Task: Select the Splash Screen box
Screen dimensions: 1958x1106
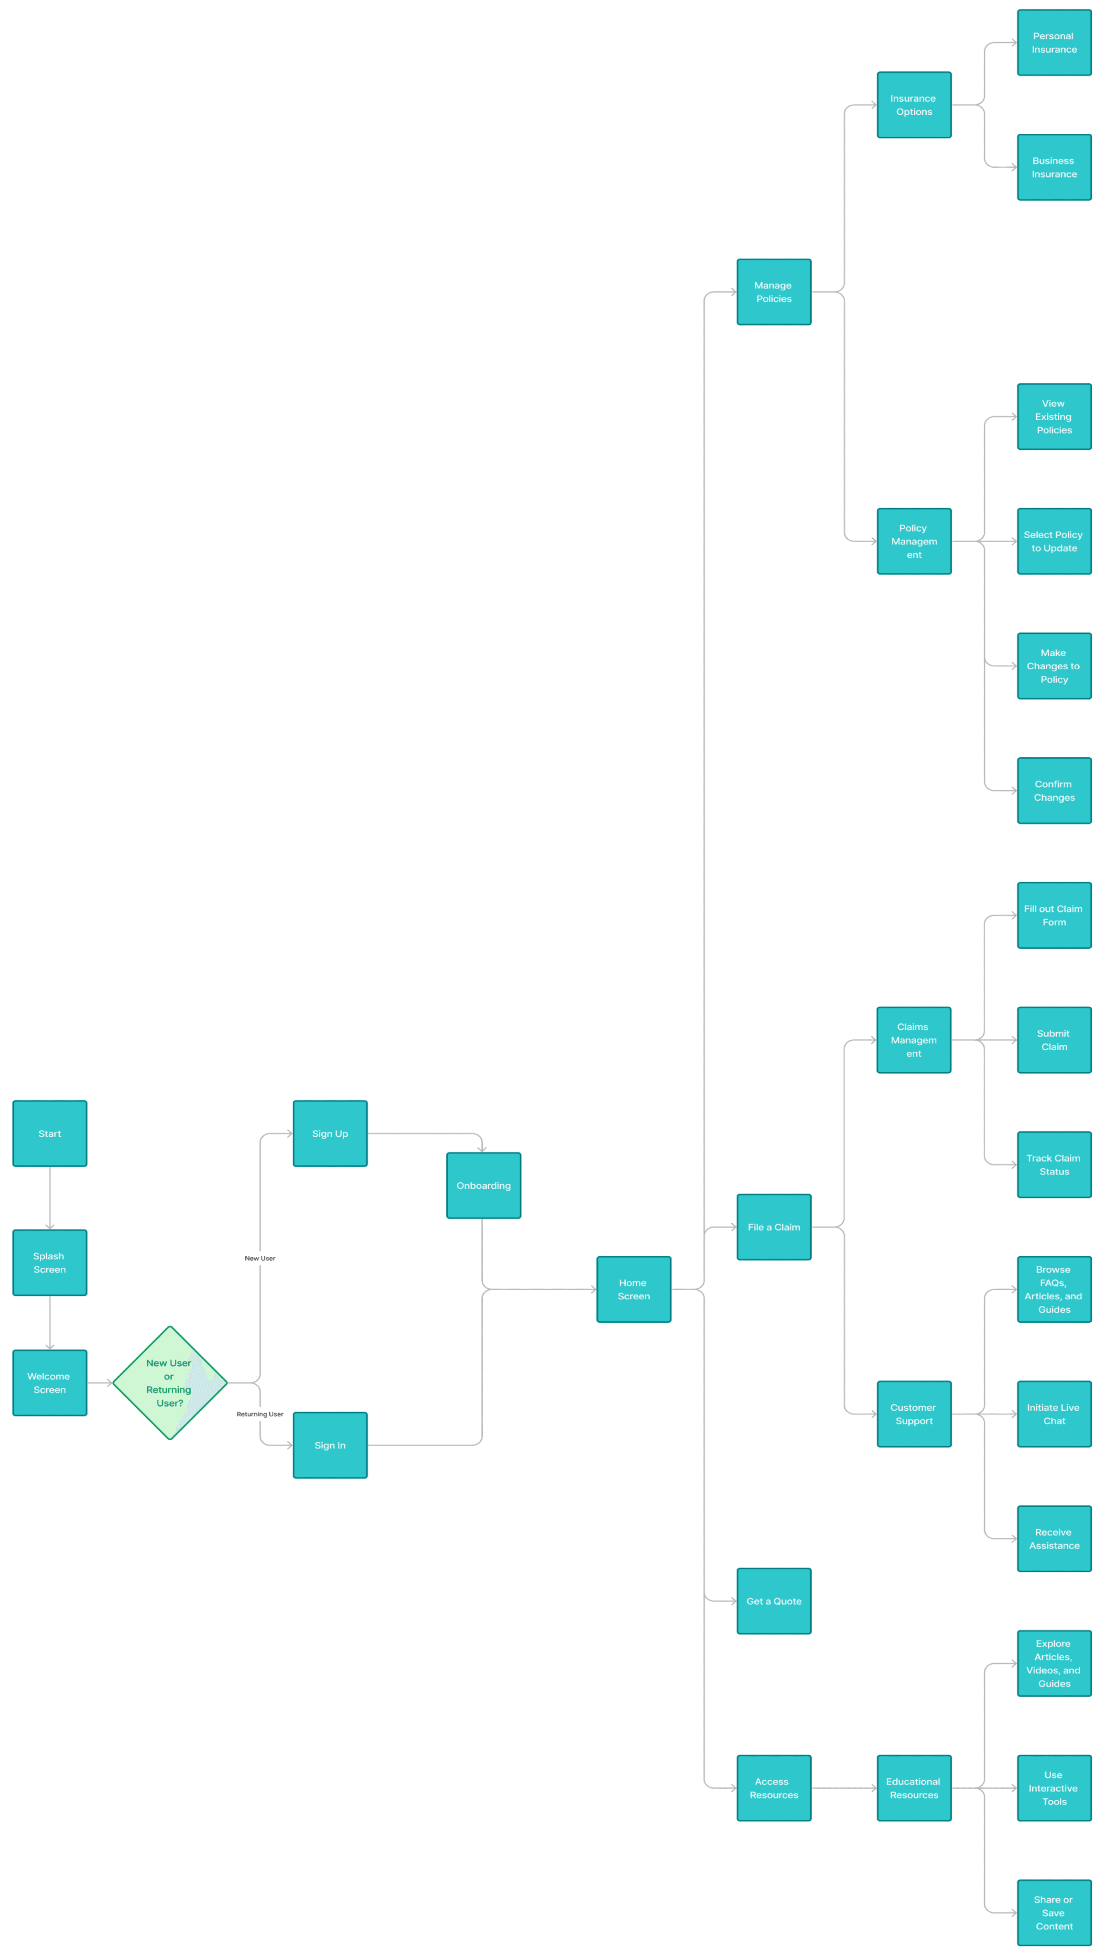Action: [49, 1262]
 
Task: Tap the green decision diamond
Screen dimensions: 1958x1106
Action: [170, 1382]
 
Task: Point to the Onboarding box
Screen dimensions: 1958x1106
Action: [483, 1185]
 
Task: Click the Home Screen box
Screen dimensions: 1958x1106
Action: [633, 1289]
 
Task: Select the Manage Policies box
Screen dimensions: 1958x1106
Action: [774, 292]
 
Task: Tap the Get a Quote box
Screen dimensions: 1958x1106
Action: [774, 1601]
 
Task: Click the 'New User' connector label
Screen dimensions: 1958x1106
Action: [260, 1258]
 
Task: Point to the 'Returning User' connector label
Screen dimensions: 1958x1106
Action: [260, 1414]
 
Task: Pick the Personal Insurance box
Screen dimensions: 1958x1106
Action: [1053, 43]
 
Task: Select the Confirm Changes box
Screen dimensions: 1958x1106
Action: [1053, 791]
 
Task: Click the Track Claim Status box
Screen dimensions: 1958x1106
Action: [1053, 1164]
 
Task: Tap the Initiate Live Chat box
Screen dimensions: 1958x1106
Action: [1053, 1414]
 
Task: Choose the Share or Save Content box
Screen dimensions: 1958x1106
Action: [1053, 1913]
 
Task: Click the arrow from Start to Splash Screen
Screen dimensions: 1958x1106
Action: [49, 1197]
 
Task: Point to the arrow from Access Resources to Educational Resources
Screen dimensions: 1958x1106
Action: [844, 1788]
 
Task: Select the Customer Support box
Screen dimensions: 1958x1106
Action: [914, 1414]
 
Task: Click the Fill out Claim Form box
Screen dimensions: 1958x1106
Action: [1053, 915]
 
